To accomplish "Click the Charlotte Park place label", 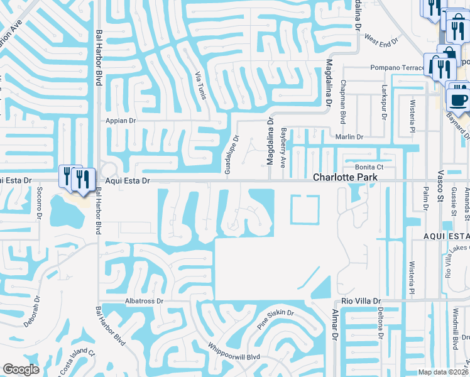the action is tap(346, 178).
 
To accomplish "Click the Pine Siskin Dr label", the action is tap(275, 320).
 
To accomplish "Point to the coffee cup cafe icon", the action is tap(458, 99).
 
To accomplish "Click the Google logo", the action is tap(21, 369).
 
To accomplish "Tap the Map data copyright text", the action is tap(442, 372).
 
